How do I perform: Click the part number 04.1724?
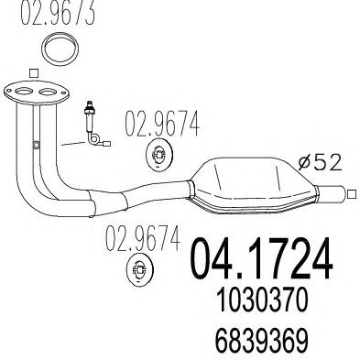261,258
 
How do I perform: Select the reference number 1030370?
261,300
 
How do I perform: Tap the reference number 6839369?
261,341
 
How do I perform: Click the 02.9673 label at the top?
58,12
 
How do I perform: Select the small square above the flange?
33,73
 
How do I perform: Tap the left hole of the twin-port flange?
24,91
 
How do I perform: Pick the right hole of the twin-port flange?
48,92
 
